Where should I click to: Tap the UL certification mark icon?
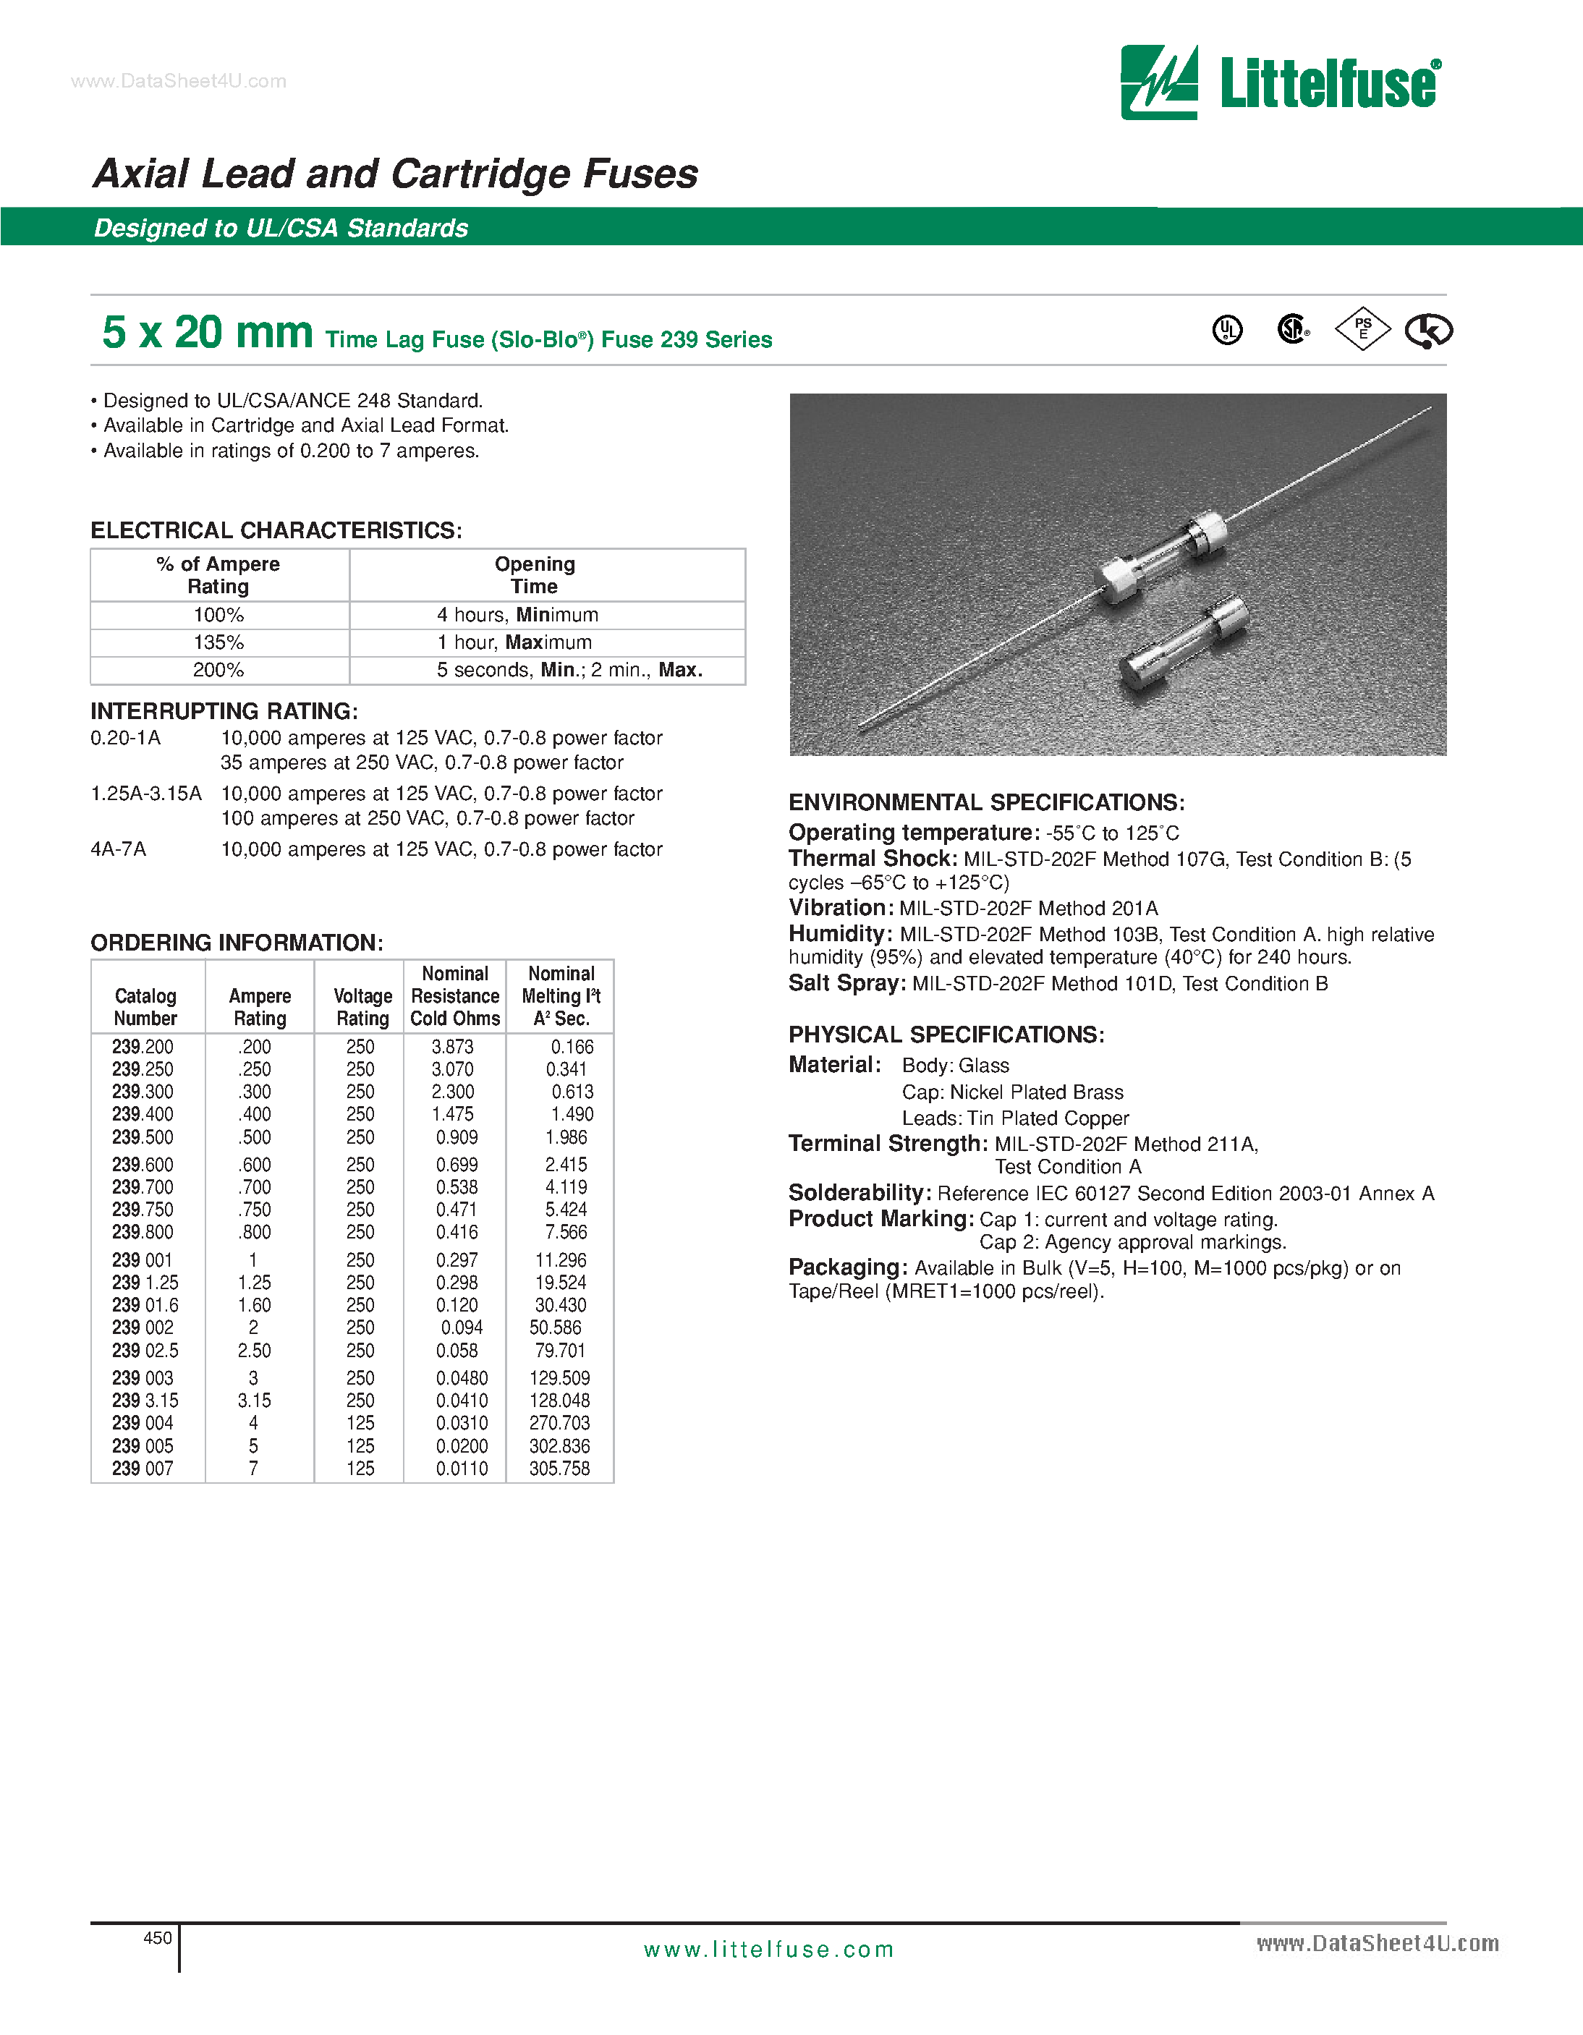tap(1227, 330)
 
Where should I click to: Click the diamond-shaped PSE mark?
tap(1362, 329)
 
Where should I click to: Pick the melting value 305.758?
tap(559, 1469)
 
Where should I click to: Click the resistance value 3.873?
tap(453, 1048)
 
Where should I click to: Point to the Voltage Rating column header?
tap(362, 1007)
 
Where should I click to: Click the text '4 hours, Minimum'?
tap(517, 615)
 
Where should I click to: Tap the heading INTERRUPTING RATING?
tap(224, 711)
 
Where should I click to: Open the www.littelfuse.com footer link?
tap(768, 1950)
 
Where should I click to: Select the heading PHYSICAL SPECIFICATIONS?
tap(946, 1035)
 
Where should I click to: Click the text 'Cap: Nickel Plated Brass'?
tap(1012, 1092)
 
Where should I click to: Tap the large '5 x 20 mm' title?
tap(207, 333)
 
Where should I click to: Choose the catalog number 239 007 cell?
tap(143, 1469)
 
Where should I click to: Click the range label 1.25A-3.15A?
tap(146, 794)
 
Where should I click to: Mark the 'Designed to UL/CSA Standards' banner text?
tap(281, 229)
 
